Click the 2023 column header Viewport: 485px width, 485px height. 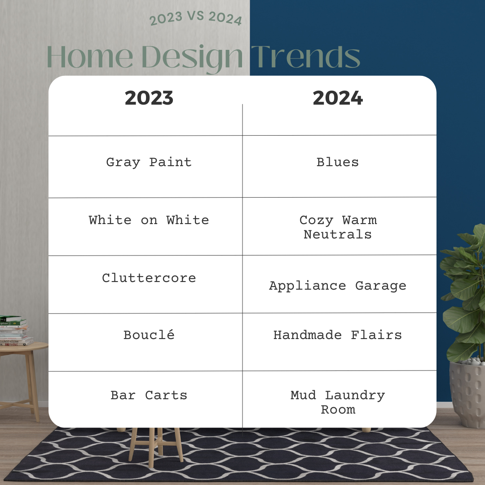tap(149, 98)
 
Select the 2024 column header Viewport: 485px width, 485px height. tap(338, 98)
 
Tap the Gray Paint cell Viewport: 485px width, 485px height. tap(149, 163)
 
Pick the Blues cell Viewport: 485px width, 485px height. tap(337, 162)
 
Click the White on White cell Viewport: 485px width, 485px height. tap(149, 220)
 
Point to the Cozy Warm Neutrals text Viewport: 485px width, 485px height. tap(338, 227)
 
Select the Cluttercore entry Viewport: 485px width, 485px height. tap(149, 278)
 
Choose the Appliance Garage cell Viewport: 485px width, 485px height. tap(338, 286)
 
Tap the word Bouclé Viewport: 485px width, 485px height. tap(149, 335)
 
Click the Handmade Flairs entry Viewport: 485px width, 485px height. tap(338, 335)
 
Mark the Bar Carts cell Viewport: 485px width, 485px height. tap(149, 395)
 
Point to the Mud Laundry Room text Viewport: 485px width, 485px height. tap(338, 402)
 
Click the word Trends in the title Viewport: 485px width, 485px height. tap(306, 56)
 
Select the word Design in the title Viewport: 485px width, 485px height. tap(192, 58)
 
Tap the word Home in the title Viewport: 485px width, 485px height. tap(90, 57)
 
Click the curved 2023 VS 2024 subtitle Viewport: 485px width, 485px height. tap(195, 18)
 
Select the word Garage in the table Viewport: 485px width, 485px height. tap(381, 286)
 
